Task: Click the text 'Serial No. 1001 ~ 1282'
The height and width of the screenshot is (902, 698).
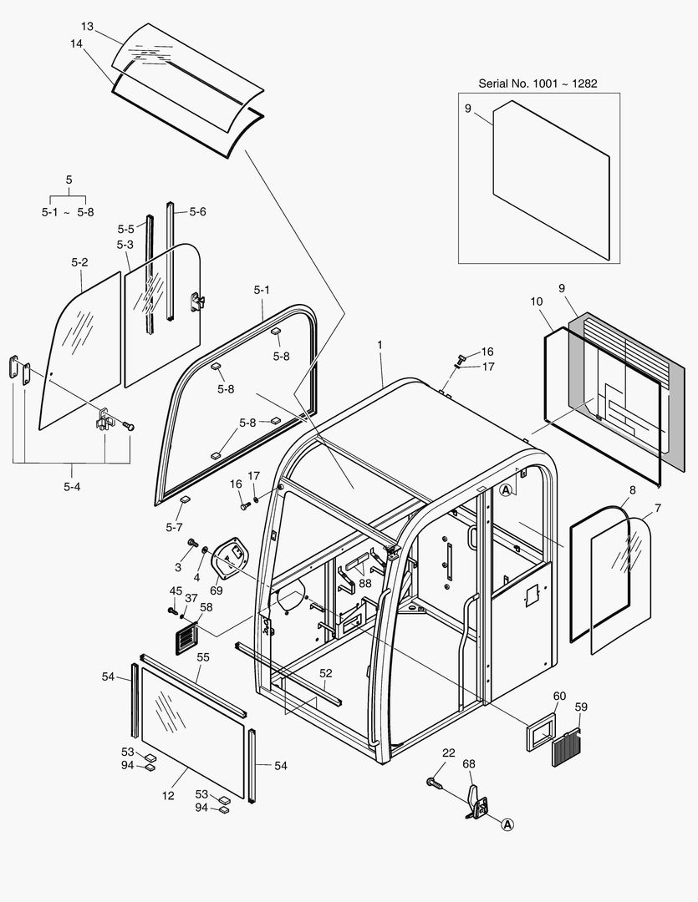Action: [x=538, y=83]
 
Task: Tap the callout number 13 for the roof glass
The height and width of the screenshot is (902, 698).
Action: [x=88, y=26]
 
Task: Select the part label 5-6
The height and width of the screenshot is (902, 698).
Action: [x=197, y=212]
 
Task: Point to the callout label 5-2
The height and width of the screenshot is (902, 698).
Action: [x=79, y=262]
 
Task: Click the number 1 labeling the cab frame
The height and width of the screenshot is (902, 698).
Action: [x=380, y=346]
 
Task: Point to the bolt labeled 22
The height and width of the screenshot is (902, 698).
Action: [x=433, y=782]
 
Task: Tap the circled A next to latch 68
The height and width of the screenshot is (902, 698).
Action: [x=507, y=824]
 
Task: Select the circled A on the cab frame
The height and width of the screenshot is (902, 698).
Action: [x=506, y=490]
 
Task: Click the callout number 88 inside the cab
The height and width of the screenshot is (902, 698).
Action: [x=365, y=583]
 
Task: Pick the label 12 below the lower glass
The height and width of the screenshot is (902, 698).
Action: [x=168, y=796]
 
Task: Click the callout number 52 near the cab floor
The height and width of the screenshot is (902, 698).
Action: [x=326, y=673]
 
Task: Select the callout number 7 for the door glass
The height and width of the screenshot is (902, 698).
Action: [x=657, y=508]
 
